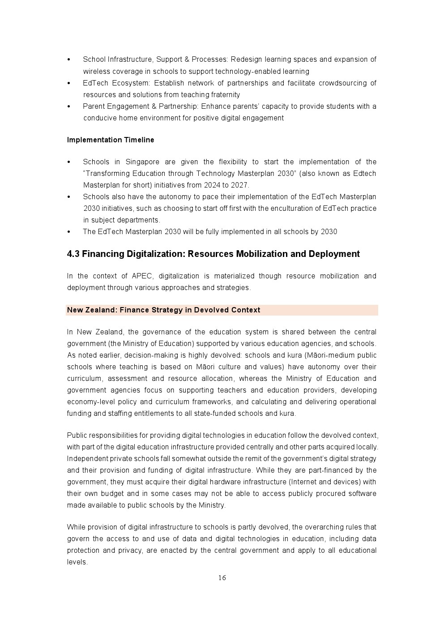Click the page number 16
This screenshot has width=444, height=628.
(x=222, y=578)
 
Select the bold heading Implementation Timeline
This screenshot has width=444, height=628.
(x=111, y=140)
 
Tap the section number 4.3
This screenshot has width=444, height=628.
(x=73, y=254)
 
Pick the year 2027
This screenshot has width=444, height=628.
(x=239, y=185)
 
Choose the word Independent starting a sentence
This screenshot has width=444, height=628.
(x=88, y=459)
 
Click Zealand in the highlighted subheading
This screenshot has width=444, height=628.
(x=100, y=310)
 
